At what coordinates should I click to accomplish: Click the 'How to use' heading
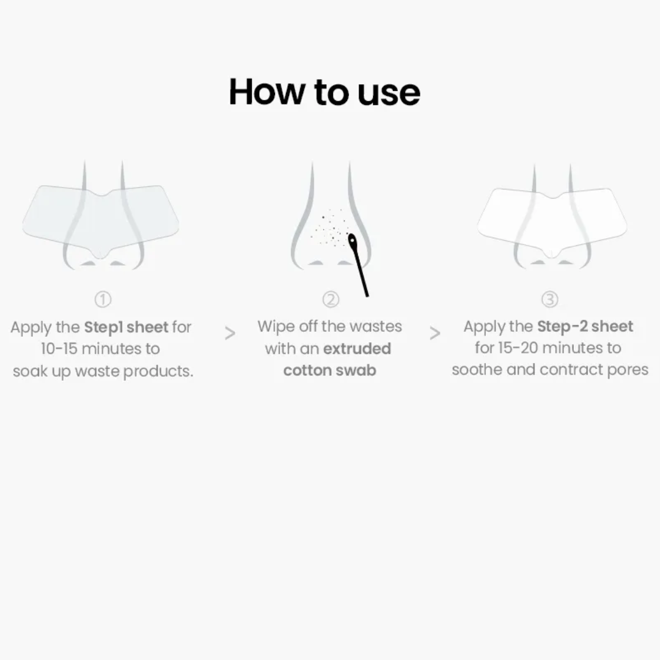(x=324, y=92)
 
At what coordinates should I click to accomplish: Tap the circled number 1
(x=103, y=299)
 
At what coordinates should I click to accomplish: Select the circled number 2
(x=330, y=299)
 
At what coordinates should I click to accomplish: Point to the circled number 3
(x=550, y=299)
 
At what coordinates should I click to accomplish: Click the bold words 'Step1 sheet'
(x=126, y=327)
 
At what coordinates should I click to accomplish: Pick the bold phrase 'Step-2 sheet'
(x=585, y=326)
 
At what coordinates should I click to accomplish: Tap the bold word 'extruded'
(x=357, y=348)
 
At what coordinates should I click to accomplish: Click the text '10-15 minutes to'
(x=100, y=349)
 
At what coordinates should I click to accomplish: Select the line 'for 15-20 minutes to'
(x=548, y=348)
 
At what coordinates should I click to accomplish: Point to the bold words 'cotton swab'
(x=330, y=370)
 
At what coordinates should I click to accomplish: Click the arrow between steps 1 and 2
(x=230, y=334)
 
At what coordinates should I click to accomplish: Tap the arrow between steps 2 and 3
(x=435, y=334)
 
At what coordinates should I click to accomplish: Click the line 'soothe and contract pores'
(x=549, y=370)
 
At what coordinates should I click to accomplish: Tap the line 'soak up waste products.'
(x=103, y=371)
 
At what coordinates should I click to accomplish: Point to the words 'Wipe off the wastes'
(x=329, y=326)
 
